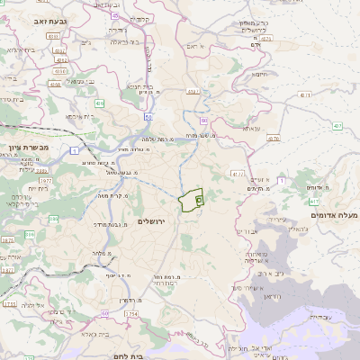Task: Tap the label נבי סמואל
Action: [80, 81]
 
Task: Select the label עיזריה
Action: [276, 219]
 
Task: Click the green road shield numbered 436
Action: [99, 103]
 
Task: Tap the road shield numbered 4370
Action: [237, 173]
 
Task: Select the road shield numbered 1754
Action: [131, 313]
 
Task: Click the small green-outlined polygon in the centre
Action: [191, 201]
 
